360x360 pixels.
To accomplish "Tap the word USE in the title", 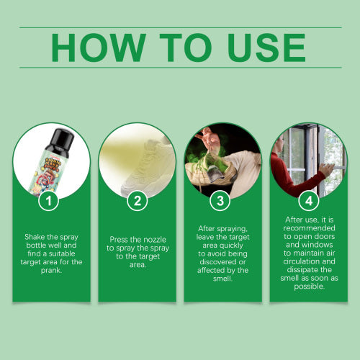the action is (266, 48).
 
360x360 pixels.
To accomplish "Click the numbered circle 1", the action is (49, 200).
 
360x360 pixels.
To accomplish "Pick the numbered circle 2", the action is (138, 200).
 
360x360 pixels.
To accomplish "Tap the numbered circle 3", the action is (220, 200).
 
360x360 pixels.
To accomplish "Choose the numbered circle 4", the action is (309, 200).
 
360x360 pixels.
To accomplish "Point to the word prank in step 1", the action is (50, 271).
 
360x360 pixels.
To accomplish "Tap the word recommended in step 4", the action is (309, 228).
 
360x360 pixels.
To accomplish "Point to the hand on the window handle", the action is (327, 169).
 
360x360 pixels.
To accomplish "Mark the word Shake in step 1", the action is (35, 237).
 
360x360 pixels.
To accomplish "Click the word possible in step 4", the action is (309, 287).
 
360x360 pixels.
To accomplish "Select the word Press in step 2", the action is (118, 240).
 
